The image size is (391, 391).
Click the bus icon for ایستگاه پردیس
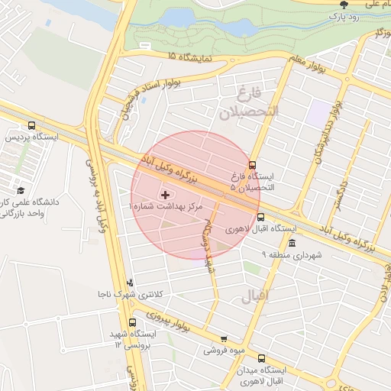click(x=31, y=125)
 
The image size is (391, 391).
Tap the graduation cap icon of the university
click(x=20, y=189)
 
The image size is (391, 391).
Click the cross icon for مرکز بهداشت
click(x=166, y=195)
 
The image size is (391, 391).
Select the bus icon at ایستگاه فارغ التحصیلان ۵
click(x=253, y=164)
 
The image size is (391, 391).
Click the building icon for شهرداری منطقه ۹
click(x=292, y=242)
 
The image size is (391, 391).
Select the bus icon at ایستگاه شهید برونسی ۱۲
click(x=134, y=322)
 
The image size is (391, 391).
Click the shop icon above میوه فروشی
click(x=223, y=339)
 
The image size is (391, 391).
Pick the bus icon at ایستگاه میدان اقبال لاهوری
click(x=262, y=358)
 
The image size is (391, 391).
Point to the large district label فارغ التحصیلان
click(x=250, y=105)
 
